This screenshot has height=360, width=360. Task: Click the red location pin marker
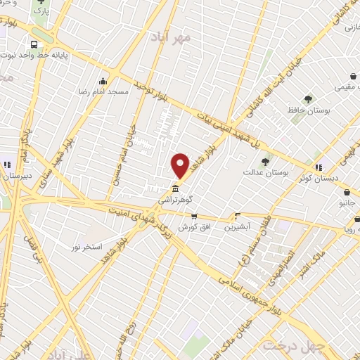[x=180, y=165]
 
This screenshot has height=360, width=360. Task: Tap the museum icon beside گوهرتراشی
[x=174, y=188]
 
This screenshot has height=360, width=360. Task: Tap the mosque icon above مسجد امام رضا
[x=103, y=80]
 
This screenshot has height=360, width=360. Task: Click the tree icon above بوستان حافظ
[x=308, y=99]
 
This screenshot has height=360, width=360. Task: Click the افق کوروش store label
[x=191, y=227]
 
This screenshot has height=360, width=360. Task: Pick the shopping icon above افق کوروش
[x=193, y=217]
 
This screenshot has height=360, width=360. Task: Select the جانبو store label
[x=346, y=202]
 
